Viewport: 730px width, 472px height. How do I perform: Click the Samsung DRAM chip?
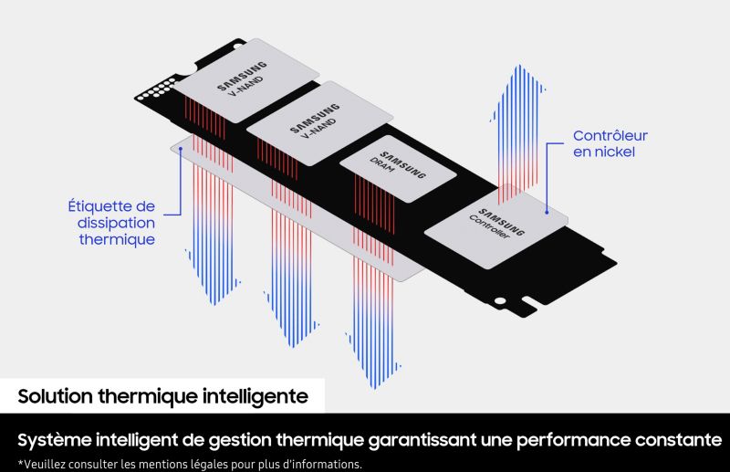398,168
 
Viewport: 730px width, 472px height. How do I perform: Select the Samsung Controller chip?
495,226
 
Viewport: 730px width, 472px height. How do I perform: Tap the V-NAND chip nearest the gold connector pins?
246,80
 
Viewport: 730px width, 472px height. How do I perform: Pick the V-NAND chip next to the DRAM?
319,123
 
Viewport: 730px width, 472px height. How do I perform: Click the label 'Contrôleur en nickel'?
610,143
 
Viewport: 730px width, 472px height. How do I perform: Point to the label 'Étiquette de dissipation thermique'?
111,223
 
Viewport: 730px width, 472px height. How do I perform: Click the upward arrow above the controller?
517,134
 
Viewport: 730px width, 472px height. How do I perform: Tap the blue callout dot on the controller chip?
547,213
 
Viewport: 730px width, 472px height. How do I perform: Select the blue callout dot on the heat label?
180,149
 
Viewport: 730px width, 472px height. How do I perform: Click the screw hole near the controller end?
499,301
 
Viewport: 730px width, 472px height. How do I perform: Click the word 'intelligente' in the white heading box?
255,396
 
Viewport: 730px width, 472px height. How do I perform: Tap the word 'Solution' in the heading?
55,396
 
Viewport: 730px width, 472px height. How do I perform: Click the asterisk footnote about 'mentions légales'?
190,465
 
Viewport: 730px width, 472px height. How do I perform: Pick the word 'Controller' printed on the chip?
489,227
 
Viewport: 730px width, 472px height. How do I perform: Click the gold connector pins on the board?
156,89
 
